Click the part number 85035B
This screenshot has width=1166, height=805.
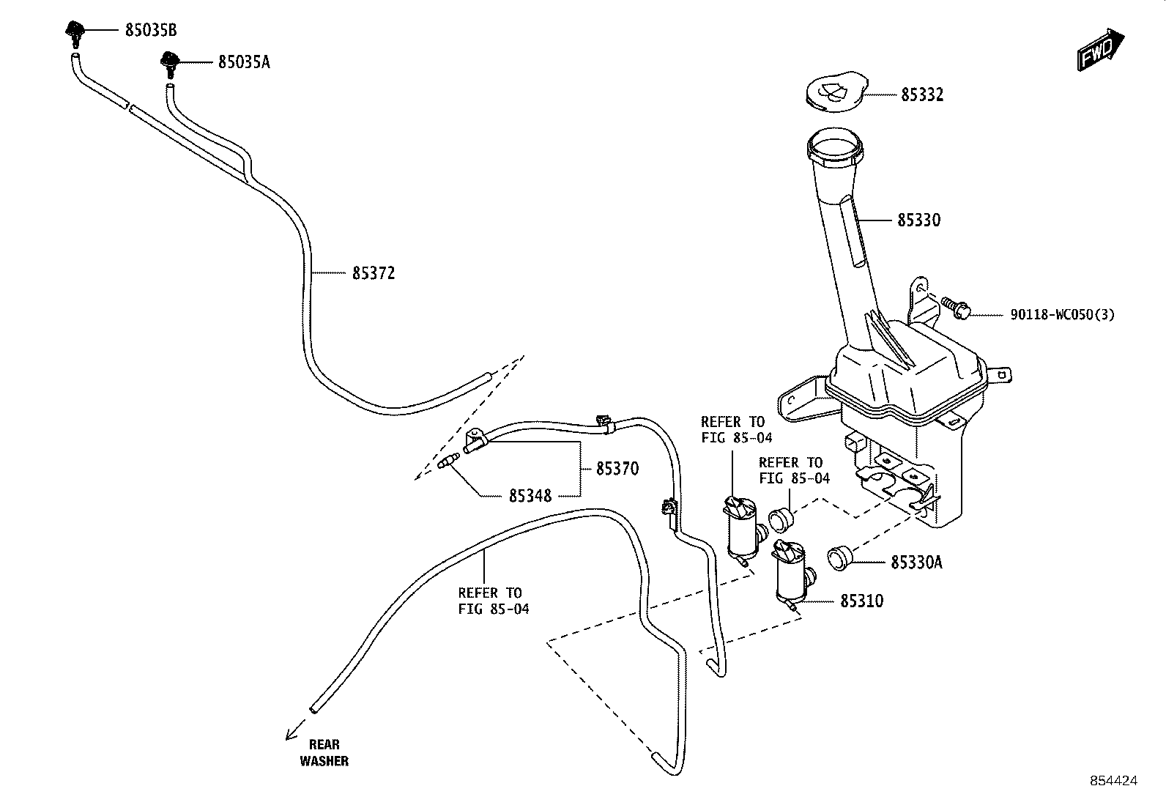point(151,30)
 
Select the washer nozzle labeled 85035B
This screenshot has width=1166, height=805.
point(75,33)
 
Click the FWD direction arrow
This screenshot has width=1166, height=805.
point(1100,49)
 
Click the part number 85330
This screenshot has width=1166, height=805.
point(918,220)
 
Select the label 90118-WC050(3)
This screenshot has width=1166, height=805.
point(1063,314)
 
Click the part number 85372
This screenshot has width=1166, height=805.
point(374,272)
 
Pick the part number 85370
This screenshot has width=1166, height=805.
point(617,469)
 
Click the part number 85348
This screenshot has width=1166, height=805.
point(530,496)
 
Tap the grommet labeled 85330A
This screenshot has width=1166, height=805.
point(839,558)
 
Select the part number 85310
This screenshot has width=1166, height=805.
point(862,601)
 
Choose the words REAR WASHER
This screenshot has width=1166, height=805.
point(324,753)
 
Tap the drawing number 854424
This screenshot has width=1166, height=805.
point(1114,781)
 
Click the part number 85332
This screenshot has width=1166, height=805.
point(922,94)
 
